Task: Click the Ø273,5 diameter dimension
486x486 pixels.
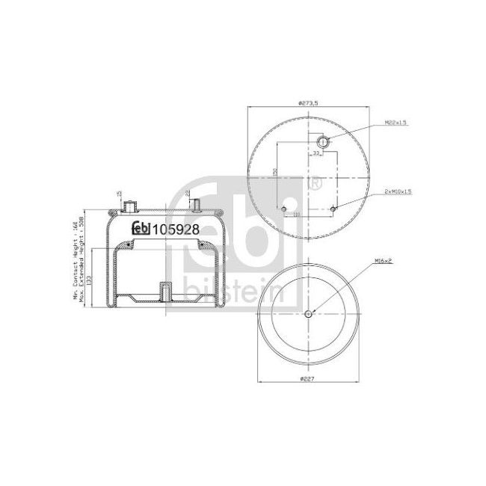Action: [x=307, y=103]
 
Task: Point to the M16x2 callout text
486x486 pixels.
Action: [x=382, y=262]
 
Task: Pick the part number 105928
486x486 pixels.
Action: [x=176, y=230]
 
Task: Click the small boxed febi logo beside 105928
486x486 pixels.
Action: [x=141, y=230]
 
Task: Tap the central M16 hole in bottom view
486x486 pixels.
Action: [x=308, y=313]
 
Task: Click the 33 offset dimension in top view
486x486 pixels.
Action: [x=316, y=153]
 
